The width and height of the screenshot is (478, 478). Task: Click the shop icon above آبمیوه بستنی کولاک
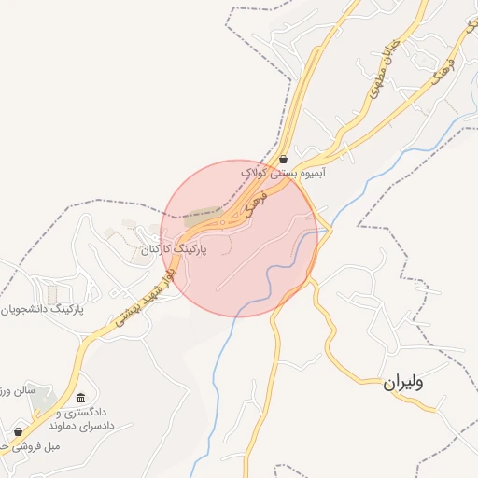[283, 158]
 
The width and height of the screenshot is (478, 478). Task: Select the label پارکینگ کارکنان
[174, 250]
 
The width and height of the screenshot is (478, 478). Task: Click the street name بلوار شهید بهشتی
[146, 294]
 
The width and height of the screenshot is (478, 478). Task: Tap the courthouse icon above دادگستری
[80, 399]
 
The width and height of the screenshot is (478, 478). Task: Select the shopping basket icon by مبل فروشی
[18, 432]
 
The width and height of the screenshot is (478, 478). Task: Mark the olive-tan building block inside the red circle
[202, 218]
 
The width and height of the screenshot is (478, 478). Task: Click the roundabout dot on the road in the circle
[221, 222]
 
